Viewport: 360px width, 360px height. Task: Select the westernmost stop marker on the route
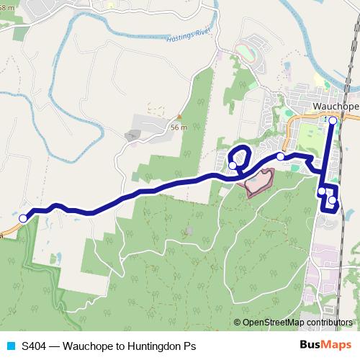click(23, 218)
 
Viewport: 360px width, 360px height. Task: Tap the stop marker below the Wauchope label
click(332, 121)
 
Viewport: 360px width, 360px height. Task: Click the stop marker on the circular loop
click(233, 166)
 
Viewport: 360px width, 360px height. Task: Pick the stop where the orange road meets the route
click(280, 156)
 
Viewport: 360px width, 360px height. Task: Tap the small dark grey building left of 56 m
click(133, 135)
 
